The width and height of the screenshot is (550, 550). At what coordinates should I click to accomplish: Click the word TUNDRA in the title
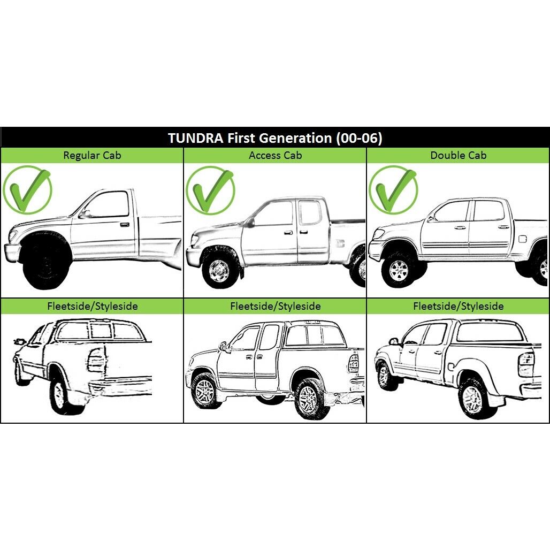coord(195,138)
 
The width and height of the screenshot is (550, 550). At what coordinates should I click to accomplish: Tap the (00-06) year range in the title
coord(359,138)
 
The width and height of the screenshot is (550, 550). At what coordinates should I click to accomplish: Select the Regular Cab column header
coord(92,155)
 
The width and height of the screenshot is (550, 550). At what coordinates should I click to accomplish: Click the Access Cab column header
coord(276,155)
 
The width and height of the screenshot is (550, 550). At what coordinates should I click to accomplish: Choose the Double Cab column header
coord(459,155)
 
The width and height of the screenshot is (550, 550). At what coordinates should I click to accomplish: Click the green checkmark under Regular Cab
coord(27,190)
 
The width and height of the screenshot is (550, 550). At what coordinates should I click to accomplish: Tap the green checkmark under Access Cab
coord(210,190)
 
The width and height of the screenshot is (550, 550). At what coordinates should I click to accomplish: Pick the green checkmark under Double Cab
coord(393,190)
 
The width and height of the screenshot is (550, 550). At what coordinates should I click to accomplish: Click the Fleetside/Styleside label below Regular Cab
coord(92,306)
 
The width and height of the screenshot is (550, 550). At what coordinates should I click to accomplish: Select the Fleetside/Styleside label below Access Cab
coord(276,306)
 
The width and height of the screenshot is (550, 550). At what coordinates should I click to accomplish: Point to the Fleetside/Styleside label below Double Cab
coord(459,306)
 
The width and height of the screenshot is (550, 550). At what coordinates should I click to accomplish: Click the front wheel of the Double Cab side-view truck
coord(399,270)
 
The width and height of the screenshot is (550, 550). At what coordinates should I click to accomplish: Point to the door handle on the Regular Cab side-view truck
coord(124,225)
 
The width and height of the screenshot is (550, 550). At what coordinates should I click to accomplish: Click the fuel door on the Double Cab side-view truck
coord(523,239)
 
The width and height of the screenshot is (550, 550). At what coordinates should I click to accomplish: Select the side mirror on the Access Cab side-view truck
coord(251,223)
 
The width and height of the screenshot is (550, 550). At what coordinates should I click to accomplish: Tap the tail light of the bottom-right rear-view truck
coord(526,365)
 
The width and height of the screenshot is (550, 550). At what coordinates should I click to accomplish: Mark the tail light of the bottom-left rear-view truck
coord(96,360)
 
